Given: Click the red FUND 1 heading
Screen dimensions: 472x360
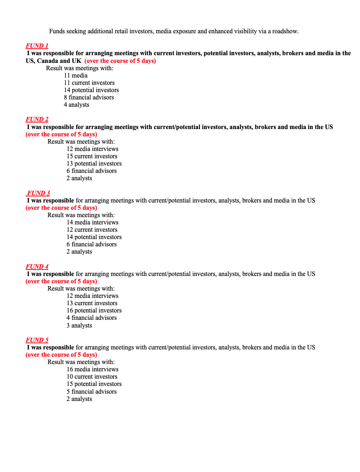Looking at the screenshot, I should coord(37,46).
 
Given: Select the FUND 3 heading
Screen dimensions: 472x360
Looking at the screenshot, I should coord(39,193).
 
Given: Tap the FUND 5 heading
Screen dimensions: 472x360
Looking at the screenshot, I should coord(37,340).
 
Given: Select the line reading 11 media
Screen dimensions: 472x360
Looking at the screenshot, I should coord(75,75).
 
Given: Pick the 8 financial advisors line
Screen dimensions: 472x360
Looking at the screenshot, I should coord(89,97).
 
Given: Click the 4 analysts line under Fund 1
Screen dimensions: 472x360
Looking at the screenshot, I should coord(76,105).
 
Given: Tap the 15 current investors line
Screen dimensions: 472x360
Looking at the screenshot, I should coord(92,156).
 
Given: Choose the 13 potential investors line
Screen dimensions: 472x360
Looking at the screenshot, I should coord(94,164).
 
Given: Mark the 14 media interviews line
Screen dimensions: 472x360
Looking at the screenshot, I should coord(93,222).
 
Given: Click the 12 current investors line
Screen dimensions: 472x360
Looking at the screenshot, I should coord(92,230).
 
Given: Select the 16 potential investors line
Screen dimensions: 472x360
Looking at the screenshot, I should coord(94,310).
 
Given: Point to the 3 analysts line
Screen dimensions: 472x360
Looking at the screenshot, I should coord(79,325).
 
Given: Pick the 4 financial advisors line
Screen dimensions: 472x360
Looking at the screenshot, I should coord(91,318).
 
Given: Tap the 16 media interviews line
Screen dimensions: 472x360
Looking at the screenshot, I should coord(93,369).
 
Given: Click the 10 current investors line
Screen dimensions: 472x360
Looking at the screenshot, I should coord(92,377).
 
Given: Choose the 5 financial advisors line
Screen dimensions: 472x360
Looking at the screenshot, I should coord(91,392).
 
